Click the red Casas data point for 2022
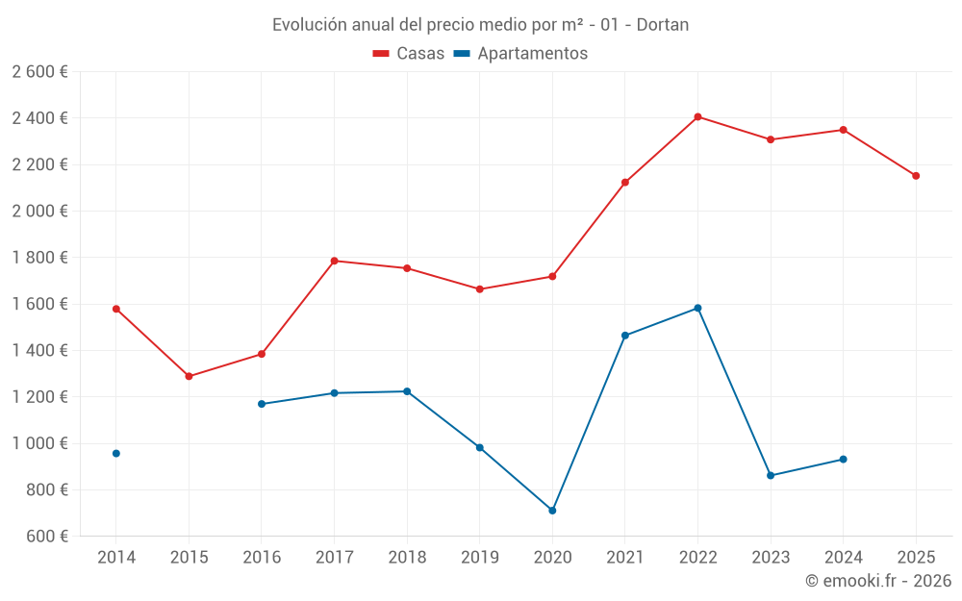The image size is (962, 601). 697,117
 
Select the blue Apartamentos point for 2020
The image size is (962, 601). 552,511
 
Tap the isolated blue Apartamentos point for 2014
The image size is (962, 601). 116,453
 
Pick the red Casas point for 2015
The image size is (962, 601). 189,376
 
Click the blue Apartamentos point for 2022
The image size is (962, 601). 697,308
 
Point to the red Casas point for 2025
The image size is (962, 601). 916,176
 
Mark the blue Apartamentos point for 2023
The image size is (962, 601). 771,475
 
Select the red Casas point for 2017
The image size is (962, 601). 334,261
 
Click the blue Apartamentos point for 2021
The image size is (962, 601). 625,336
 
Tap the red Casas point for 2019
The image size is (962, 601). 480,289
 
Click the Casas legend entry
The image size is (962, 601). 409,54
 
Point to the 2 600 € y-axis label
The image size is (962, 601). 39,72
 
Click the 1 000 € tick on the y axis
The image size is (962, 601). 39,443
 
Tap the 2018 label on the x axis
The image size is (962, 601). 407,557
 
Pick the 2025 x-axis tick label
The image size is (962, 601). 916,557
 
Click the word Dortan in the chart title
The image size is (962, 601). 663,25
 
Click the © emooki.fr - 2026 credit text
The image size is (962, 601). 878,581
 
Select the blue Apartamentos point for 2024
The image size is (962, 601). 843,459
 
